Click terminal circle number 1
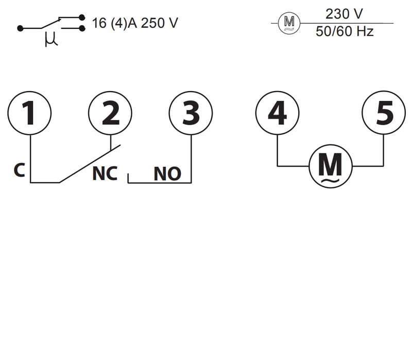[30, 113]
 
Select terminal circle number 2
[110, 113]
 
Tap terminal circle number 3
[191, 113]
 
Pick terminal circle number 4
[278, 113]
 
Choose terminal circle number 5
[384, 113]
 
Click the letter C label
[19, 170]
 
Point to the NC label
[105, 174]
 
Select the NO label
[167, 174]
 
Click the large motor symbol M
[330, 166]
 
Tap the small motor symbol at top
[289, 23]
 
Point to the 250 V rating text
[160, 23]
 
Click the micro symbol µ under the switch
[50, 40]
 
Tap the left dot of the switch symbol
[20, 28]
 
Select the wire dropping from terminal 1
[30, 157]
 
